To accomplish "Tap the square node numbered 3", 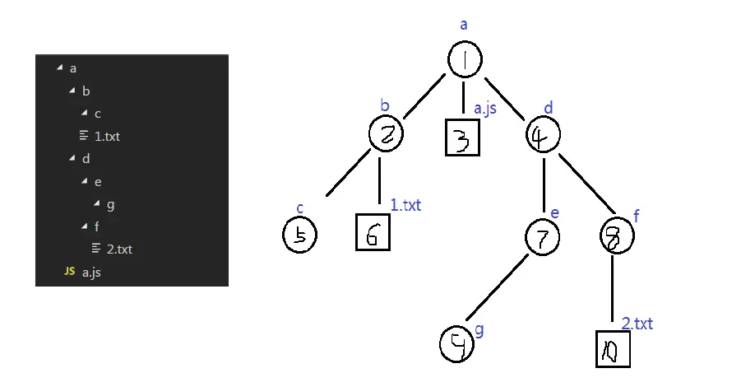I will (x=462, y=138).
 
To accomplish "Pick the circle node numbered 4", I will (x=544, y=134).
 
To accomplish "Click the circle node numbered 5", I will (x=299, y=235).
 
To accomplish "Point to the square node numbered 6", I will (x=373, y=233).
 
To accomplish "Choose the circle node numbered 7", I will (x=542, y=237).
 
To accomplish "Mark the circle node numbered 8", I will (x=617, y=237).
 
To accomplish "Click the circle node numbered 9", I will (x=458, y=345).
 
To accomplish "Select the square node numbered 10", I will (x=614, y=351).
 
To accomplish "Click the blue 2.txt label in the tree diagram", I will (x=637, y=324).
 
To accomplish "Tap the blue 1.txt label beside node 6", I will (x=405, y=205).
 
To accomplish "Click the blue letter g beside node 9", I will (x=480, y=329).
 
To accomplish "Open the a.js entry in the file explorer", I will (x=91, y=271).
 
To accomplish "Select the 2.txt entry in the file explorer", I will (x=119, y=249).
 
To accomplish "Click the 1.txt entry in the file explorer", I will (x=107, y=136).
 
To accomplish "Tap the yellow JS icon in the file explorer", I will (x=70, y=271).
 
